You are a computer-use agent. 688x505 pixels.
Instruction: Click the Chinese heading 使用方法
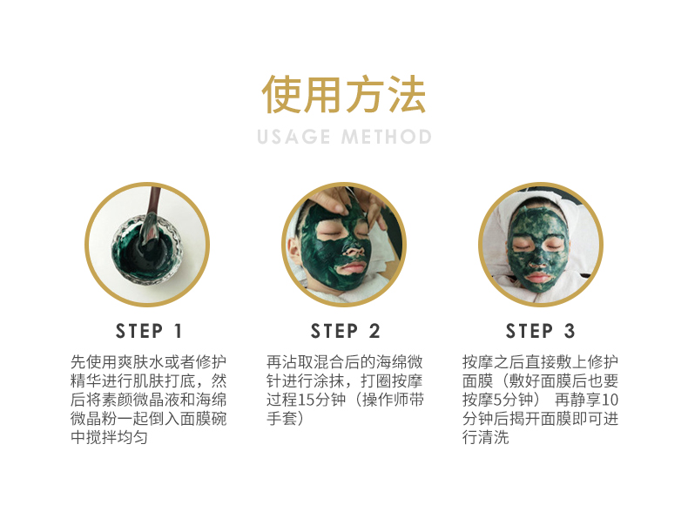[x=343, y=94]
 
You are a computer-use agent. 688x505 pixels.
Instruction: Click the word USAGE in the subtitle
[x=293, y=137]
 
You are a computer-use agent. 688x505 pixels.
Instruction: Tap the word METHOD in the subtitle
[x=387, y=137]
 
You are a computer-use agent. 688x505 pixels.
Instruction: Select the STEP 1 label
[x=148, y=331]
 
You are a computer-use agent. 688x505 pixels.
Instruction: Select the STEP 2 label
[x=345, y=331]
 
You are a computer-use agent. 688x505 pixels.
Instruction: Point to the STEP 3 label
[x=540, y=331]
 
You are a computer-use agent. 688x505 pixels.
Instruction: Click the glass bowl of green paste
[x=146, y=250]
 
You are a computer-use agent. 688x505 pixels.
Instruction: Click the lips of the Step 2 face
[x=352, y=267]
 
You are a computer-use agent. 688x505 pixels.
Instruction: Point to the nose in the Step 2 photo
[x=354, y=249]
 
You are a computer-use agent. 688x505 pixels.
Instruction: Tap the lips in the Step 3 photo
[x=538, y=277]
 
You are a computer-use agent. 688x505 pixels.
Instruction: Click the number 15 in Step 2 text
[x=306, y=400]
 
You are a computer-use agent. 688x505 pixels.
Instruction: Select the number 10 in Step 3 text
[x=610, y=400]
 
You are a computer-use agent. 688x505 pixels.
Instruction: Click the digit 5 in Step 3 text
[x=497, y=400]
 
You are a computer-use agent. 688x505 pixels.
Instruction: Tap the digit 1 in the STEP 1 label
[x=179, y=331]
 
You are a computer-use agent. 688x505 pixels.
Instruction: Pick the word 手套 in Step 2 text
[x=281, y=418]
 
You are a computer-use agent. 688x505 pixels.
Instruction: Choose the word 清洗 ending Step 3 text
[x=493, y=437]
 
